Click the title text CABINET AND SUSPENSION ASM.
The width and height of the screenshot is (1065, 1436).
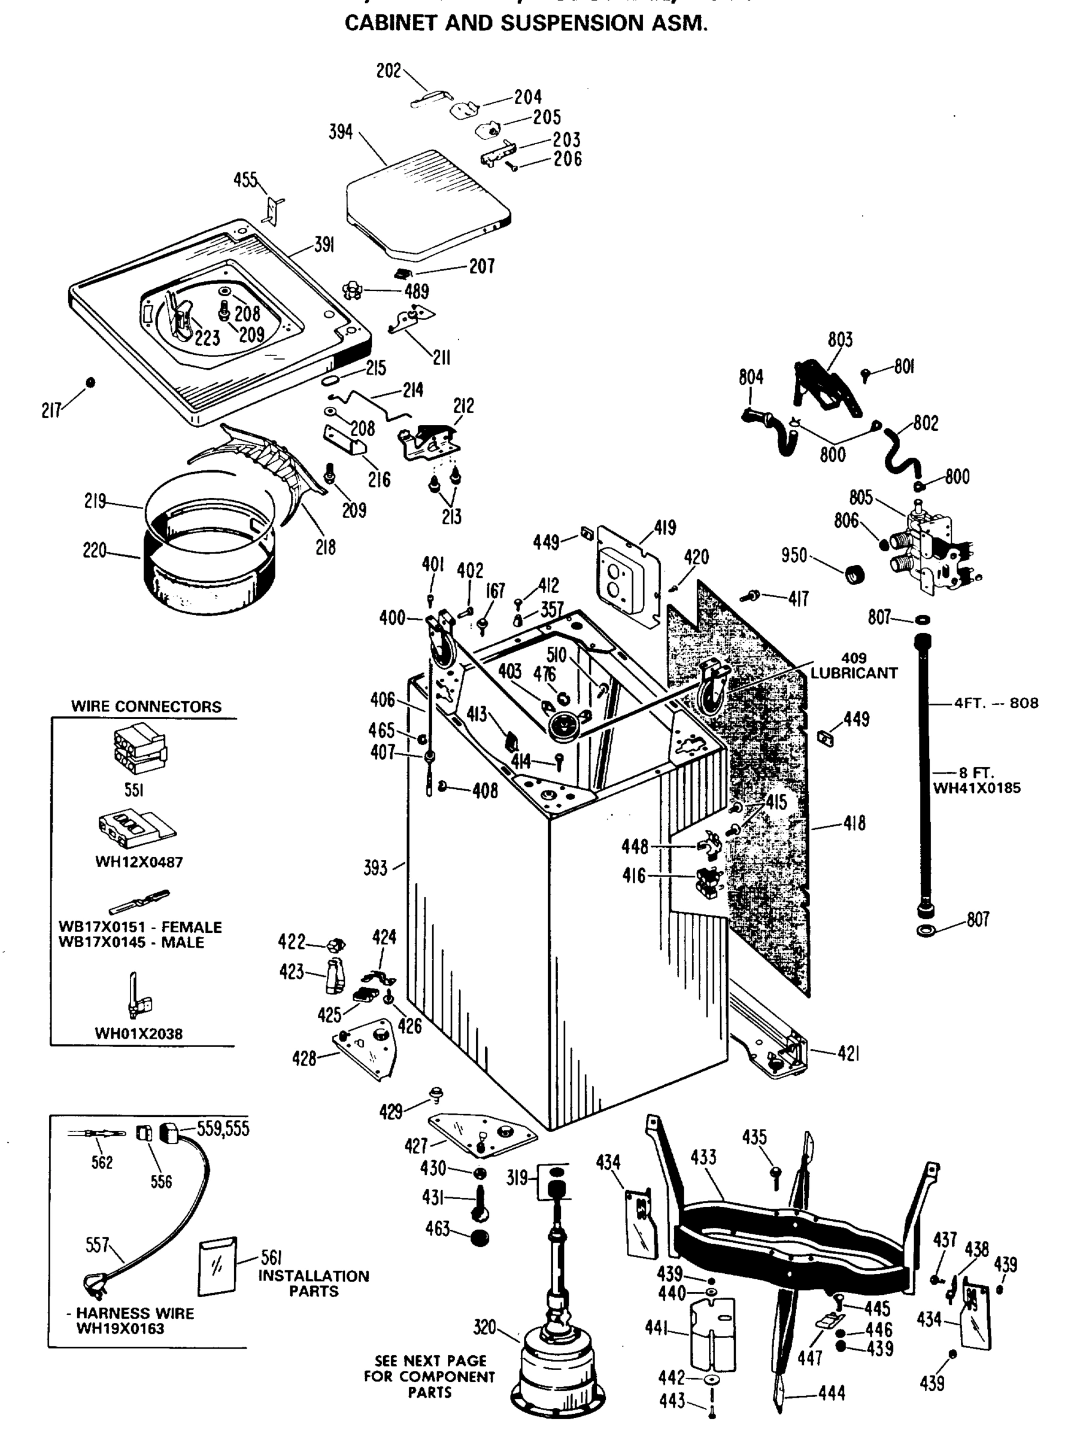click(x=526, y=23)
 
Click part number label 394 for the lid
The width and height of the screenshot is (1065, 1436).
click(x=341, y=132)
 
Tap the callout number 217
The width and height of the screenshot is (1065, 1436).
click(x=51, y=410)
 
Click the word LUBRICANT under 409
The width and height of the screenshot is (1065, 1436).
click(x=854, y=673)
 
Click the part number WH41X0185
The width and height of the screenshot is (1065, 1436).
click(x=976, y=788)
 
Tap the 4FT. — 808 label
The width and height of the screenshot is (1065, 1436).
click(x=996, y=703)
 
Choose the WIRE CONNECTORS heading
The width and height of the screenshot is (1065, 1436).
click(x=146, y=706)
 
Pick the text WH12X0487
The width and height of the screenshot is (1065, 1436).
click(x=139, y=862)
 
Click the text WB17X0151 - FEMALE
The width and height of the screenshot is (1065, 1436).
click(x=140, y=927)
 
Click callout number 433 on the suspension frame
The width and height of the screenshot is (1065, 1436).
click(x=703, y=1157)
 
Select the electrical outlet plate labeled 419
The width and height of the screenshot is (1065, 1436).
click(x=628, y=573)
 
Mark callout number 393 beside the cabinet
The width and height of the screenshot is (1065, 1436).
click(x=375, y=868)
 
